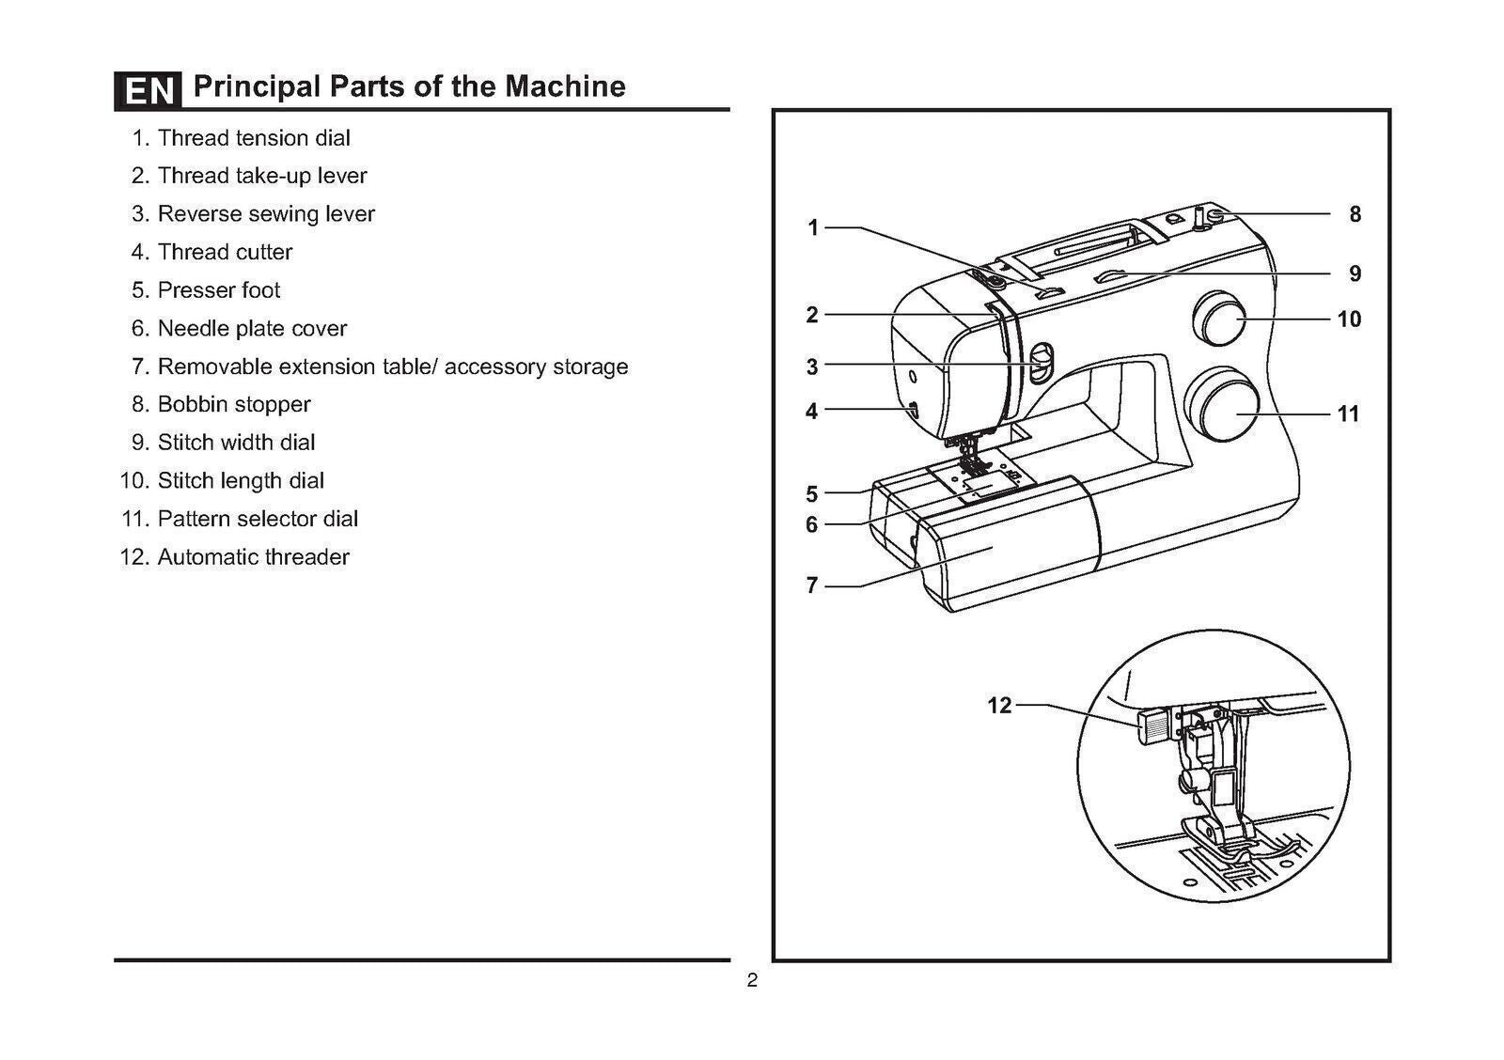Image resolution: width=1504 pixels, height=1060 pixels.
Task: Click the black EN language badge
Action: click(x=148, y=90)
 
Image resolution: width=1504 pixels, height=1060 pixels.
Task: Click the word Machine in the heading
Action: click(x=565, y=86)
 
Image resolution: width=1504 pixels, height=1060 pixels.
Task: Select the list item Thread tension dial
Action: click(x=253, y=138)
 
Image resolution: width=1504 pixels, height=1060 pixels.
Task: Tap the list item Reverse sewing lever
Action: click(x=265, y=214)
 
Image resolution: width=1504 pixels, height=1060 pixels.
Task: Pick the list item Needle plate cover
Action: click(x=251, y=329)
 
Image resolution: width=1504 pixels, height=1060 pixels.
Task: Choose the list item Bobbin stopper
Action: click(x=233, y=405)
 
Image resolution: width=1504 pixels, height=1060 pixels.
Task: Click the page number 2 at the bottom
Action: click(x=752, y=982)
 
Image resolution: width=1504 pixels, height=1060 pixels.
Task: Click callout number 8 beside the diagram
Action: click(x=1355, y=214)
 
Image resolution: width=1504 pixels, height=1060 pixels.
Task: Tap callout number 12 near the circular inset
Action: click(x=999, y=705)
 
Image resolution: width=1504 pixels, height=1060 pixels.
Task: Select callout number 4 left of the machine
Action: click(x=811, y=411)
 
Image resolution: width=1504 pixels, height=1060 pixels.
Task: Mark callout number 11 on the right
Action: click(x=1348, y=414)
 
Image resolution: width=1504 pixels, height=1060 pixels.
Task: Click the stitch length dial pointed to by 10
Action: click(x=1218, y=318)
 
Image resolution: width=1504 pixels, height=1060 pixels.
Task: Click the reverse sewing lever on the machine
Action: click(x=1039, y=364)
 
